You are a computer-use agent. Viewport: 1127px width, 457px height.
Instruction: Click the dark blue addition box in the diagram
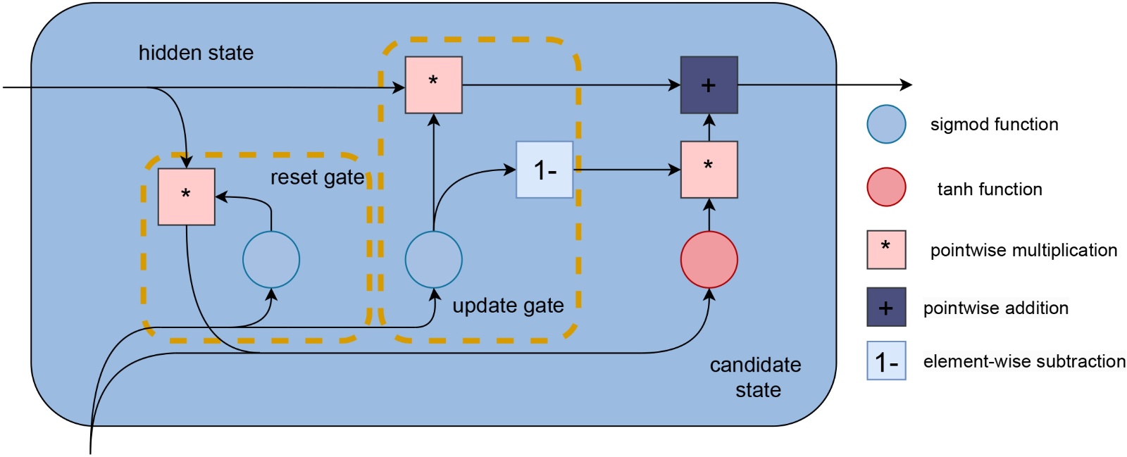point(709,85)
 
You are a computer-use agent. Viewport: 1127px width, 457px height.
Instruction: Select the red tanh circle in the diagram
point(709,259)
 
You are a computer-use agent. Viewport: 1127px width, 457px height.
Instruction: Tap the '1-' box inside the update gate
point(544,170)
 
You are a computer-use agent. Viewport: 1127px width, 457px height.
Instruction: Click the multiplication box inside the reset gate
point(186,196)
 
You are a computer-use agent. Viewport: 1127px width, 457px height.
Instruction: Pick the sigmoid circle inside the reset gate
point(271,259)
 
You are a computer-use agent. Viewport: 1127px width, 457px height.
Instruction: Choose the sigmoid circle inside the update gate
point(433,259)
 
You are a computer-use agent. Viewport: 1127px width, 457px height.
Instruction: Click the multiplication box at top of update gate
point(433,84)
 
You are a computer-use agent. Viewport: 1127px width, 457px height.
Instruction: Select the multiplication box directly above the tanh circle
point(709,170)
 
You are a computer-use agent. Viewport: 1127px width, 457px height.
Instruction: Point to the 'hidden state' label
point(196,53)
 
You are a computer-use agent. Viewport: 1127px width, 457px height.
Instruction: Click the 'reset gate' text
point(317,177)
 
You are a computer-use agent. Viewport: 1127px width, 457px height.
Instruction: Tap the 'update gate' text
point(508,306)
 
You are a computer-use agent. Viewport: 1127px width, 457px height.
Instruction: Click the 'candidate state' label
point(756,377)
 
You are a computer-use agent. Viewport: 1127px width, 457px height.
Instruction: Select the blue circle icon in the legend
point(886,125)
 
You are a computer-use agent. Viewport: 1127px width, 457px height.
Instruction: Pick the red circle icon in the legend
point(886,187)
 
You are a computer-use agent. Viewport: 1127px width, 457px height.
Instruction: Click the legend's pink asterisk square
point(886,249)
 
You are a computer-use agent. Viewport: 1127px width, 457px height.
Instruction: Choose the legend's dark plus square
point(886,307)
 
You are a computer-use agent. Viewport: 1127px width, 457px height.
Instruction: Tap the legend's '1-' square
point(886,361)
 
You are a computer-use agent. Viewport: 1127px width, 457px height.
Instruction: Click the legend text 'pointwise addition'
point(995,308)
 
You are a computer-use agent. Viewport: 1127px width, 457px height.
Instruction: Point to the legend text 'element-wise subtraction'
point(1024,361)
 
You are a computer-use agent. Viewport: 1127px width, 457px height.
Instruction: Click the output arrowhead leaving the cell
point(907,85)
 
